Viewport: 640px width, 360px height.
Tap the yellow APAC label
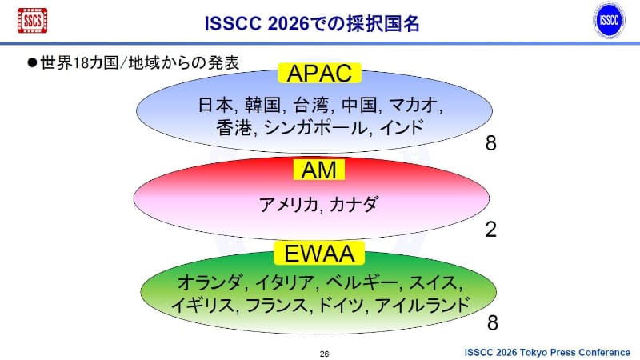pyautogui.click(x=319, y=74)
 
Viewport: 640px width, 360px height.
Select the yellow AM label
pyautogui.click(x=319, y=170)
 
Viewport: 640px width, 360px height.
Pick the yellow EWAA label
pyautogui.click(x=319, y=254)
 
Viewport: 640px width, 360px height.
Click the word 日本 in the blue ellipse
pyautogui.click(x=214, y=105)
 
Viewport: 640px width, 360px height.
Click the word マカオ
pyautogui.click(x=416, y=105)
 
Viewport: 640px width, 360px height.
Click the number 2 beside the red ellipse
pyautogui.click(x=491, y=230)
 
